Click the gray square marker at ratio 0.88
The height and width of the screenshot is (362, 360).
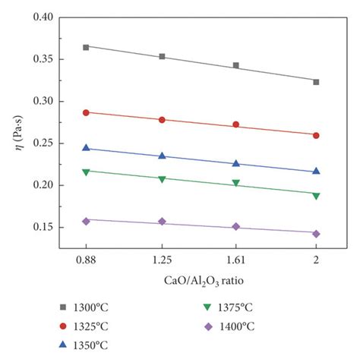[x=86, y=47]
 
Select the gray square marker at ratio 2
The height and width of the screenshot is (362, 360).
[x=316, y=82]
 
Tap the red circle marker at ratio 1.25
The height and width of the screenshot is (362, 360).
[x=162, y=120]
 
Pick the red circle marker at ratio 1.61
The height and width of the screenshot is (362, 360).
[x=236, y=124]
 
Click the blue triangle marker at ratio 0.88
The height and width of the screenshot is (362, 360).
[x=86, y=148]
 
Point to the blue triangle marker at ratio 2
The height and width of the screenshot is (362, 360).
[x=316, y=171]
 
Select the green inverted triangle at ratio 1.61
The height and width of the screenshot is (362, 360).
[x=236, y=183]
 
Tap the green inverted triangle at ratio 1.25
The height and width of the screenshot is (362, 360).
[x=162, y=179]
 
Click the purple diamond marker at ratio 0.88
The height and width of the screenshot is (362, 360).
[x=86, y=221]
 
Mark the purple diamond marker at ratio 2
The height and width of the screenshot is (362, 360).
[x=316, y=234]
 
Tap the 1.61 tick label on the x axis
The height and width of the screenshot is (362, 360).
[x=236, y=260]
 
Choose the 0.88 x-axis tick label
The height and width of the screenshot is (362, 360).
[x=86, y=260]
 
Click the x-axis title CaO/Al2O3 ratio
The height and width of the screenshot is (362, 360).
[x=201, y=279]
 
